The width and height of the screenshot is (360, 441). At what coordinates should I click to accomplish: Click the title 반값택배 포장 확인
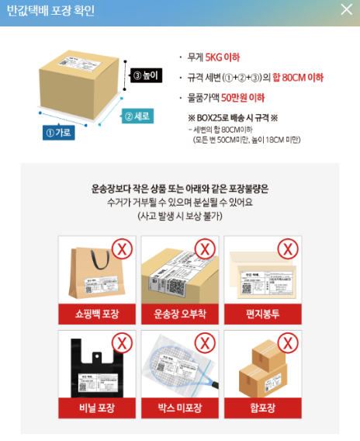click(50, 10)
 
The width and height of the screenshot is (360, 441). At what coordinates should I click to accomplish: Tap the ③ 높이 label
click(145, 75)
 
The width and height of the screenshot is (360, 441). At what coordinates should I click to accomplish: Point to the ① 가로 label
click(58, 133)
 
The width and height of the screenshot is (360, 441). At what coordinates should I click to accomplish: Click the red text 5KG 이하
click(223, 57)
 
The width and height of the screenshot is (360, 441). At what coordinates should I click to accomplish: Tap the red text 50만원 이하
click(243, 97)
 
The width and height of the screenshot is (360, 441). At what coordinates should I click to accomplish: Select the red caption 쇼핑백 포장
click(97, 314)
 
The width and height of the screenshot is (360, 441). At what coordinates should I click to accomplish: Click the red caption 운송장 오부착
click(180, 314)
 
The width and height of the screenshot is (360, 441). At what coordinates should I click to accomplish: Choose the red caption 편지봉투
click(262, 314)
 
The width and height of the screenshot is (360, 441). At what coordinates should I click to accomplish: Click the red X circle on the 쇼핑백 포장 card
click(121, 249)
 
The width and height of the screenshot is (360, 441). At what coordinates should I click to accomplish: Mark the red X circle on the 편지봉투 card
click(287, 249)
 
